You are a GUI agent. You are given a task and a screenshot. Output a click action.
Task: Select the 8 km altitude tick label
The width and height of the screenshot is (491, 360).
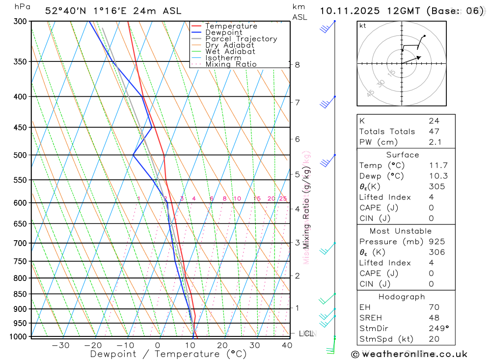(297, 65)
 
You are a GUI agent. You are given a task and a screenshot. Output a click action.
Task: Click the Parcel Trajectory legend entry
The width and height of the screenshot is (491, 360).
(241, 39)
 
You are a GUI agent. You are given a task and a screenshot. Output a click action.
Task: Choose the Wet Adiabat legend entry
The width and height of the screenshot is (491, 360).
(230, 52)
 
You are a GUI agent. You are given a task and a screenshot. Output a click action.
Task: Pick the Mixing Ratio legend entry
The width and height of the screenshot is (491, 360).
(231, 64)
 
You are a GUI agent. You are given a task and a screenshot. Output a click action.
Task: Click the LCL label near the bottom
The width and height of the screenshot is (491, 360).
(306, 334)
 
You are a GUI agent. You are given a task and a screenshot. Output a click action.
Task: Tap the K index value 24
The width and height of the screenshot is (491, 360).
(434, 121)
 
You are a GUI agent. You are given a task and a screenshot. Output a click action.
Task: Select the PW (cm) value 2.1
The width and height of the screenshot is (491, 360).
(436, 142)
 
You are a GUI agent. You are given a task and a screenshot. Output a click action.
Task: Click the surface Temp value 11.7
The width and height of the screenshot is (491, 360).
(438, 166)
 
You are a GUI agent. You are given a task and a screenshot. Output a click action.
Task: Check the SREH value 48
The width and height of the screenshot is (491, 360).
(434, 318)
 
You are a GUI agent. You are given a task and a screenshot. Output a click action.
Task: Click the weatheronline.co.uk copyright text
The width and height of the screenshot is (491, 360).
(409, 354)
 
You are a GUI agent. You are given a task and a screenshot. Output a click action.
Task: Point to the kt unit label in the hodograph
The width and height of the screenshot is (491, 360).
(362, 26)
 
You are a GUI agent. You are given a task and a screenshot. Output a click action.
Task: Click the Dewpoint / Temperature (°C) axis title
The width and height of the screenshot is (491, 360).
(168, 354)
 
